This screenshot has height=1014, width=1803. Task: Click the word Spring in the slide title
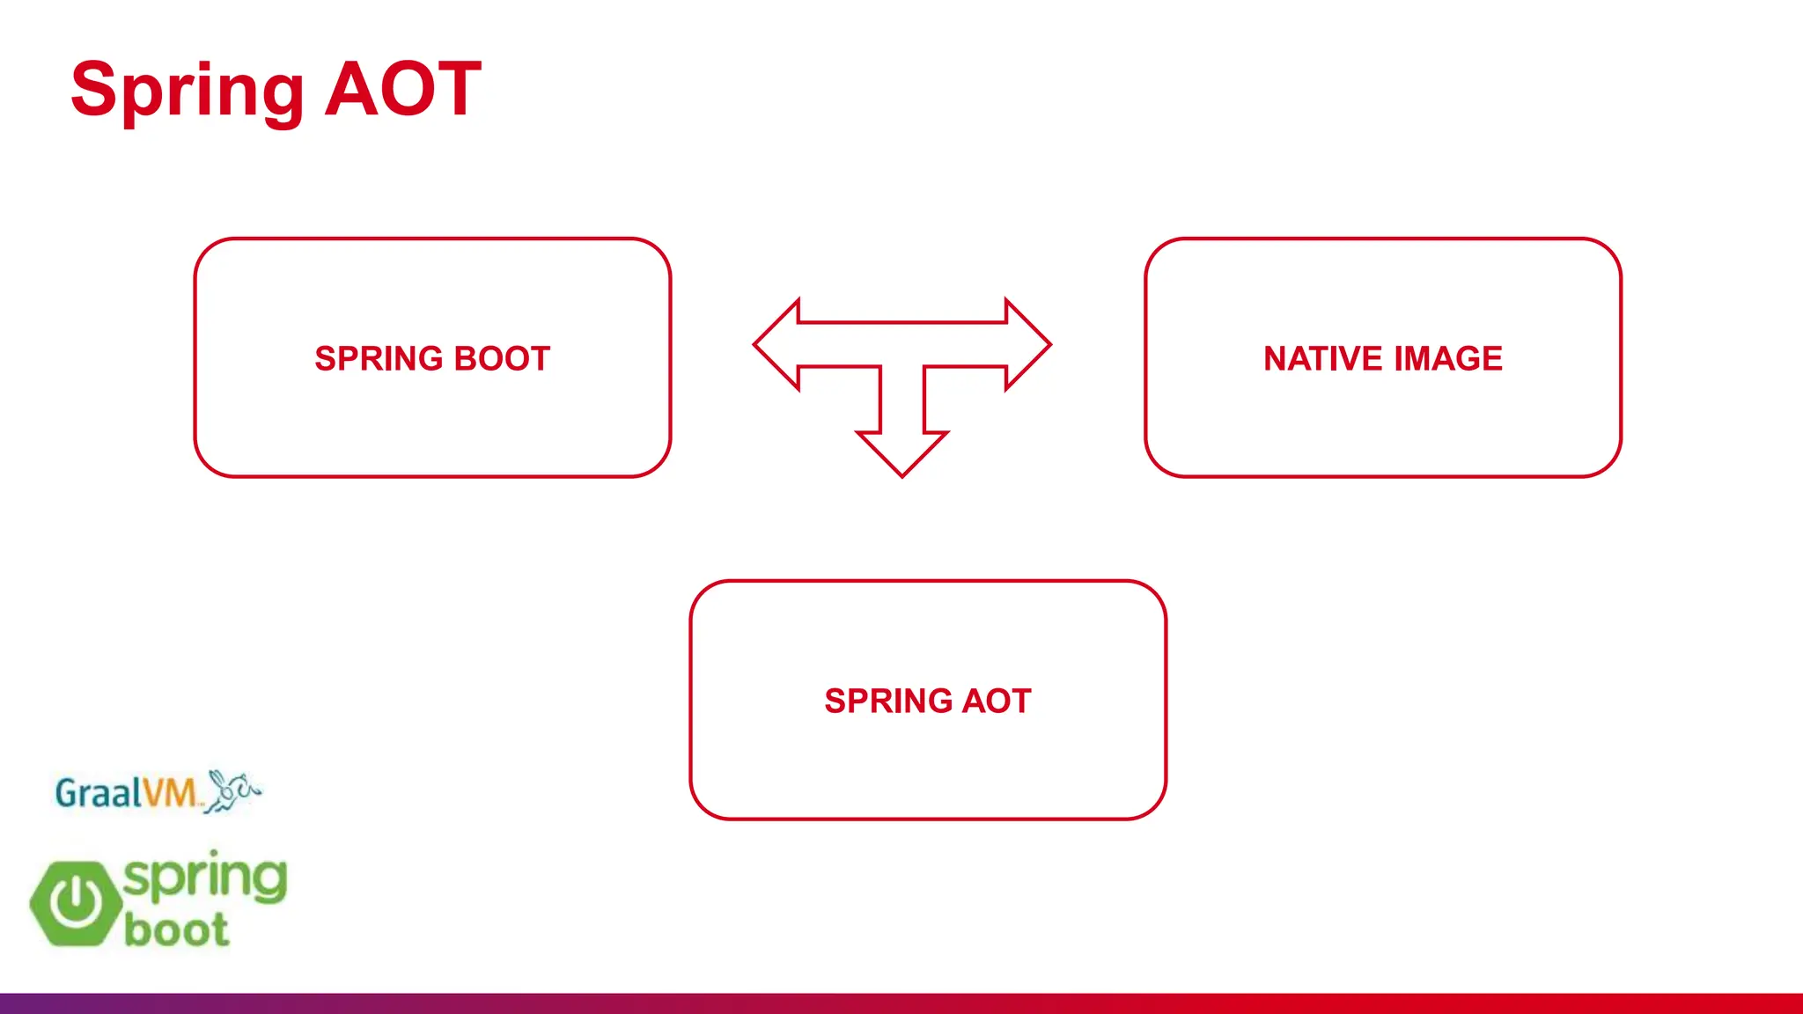coord(187,91)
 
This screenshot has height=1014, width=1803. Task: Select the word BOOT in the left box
coord(502,359)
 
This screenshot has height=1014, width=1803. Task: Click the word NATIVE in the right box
coord(1322,359)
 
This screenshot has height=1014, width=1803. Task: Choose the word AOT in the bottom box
coord(997,702)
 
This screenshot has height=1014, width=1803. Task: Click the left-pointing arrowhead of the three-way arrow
coord(778,345)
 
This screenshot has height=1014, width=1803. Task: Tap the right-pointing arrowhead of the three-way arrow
coord(1027,345)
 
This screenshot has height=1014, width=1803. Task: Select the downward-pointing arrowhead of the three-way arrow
coord(902,451)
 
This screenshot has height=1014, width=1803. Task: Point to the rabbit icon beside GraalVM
coord(232,790)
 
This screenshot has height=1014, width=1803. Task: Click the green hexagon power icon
coord(76,903)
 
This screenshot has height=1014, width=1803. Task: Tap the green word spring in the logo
coord(205,878)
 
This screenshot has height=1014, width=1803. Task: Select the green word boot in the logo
coord(176,930)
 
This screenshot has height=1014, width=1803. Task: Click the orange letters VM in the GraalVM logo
coord(169,793)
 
